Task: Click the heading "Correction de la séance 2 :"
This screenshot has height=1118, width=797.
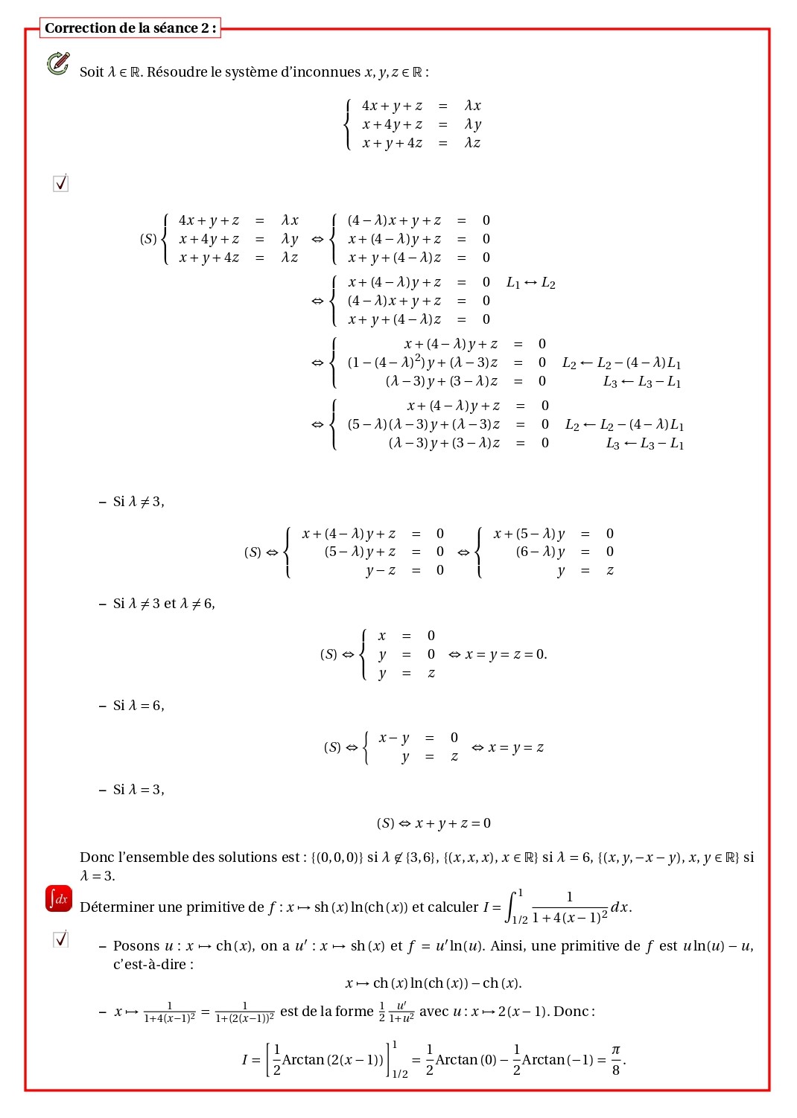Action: pyautogui.click(x=130, y=28)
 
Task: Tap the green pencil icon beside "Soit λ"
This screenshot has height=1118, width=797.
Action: pyautogui.click(x=58, y=63)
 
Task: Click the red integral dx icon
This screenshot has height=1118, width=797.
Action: pyautogui.click(x=59, y=898)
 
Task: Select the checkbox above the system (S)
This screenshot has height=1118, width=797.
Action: pyautogui.click(x=61, y=183)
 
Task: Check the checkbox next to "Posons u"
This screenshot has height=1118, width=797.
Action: pyautogui.click(x=61, y=939)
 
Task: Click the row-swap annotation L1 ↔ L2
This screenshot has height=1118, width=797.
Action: pyautogui.click(x=530, y=283)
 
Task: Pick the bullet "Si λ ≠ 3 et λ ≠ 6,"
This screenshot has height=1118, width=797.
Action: pyautogui.click(x=164, y=604)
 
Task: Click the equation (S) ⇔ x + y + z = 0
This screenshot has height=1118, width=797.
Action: pyautogui.click(x=434, y=823)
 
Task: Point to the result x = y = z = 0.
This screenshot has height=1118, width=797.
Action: pyautogui.click(x=507, y=654)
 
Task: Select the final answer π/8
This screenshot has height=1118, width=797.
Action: pyautogui.click(x=616, y=1059)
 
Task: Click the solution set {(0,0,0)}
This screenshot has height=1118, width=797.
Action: pyautogui.click(x=337, y=857)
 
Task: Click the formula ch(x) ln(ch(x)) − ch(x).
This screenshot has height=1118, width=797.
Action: pyautogui.click(x=434, y=983)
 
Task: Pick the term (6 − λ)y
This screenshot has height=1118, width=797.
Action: pyautogui.click(x=540, y=552)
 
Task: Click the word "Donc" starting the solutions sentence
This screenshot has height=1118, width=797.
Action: pyautogui.click(x=97, y=857)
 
